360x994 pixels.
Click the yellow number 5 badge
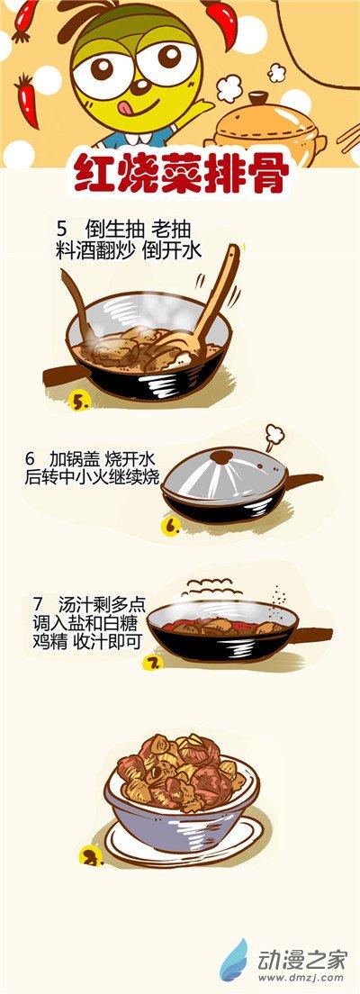80,402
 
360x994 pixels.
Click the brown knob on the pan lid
221,456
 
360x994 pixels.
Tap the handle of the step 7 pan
314,633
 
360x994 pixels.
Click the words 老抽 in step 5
171,229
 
